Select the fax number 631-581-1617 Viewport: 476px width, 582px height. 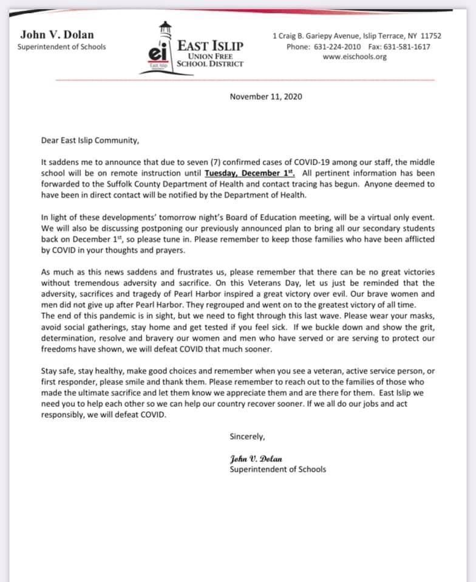410,47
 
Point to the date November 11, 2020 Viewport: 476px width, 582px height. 266,96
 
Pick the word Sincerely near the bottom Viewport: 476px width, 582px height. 247,436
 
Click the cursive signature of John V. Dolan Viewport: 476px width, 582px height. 256,458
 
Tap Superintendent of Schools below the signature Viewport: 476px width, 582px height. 277,469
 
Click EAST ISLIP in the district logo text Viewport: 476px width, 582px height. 210,45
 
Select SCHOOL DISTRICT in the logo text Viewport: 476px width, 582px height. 210,64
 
